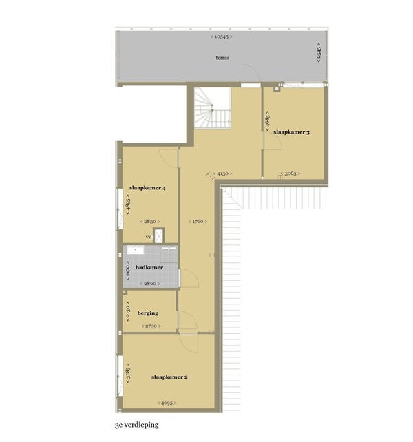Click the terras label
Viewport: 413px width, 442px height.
(222, 58)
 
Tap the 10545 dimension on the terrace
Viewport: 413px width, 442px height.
(222, 36)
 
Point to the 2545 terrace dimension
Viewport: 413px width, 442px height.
(319, 53)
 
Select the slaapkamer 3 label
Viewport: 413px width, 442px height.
(291, 132)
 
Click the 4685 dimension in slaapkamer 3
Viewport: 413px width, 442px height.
(268, 121)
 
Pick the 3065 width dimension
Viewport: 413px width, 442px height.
(290, 173)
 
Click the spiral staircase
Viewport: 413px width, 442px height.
(213, 108)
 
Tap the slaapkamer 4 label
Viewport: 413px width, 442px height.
(147, 188)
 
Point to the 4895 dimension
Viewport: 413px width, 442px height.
(128, 204)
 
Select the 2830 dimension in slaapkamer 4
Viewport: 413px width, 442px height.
(150, 222)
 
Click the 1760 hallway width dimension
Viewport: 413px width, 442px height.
(198, 222)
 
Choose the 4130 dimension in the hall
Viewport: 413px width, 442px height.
(223, 173)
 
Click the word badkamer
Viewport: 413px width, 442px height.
(149, 267)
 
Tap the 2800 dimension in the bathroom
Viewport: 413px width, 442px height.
(150, 284)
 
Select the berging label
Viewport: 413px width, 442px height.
(148, 313)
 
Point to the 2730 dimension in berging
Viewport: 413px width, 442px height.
(151, 326)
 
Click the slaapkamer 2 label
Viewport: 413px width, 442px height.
(169, 377)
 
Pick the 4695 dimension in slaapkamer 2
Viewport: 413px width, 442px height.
(167, 403)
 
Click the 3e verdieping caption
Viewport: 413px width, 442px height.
(137, 425)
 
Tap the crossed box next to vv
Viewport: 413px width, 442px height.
(159, 235)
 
